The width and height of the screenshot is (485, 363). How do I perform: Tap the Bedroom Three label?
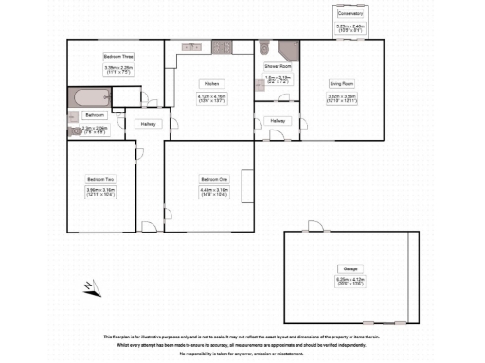tap(118, 56)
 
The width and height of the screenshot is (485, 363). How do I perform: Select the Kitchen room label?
tap(210, 83)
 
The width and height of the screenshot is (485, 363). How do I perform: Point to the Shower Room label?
tap(278, 67)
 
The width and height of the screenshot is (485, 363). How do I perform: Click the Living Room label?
tap(341, 83)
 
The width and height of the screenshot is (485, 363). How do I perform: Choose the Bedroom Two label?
tap(100, 179)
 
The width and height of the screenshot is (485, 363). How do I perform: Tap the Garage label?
tap(350, 268)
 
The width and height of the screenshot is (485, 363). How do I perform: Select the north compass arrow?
tap(87, 285)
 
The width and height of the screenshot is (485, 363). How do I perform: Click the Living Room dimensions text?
tap(341, 97)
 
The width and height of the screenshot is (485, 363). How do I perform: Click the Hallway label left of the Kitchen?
tap(149, 124)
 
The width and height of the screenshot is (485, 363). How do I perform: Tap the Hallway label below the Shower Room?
tap(278, 121)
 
